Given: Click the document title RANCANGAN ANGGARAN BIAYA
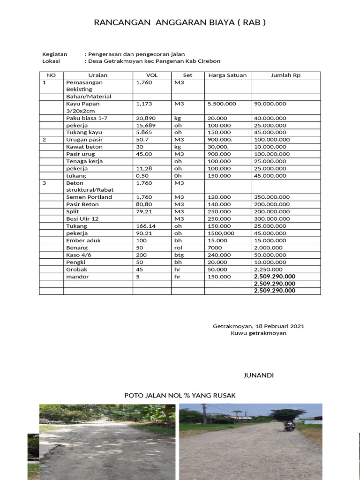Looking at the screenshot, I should tap(180, 22).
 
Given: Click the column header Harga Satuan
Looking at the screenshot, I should tap(227, 75).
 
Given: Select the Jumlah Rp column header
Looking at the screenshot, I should tap(285, 75).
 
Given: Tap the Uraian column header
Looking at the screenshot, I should tap(97, 75).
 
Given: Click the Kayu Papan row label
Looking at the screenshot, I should tap(83, 104).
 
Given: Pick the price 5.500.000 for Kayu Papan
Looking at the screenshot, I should tap(222, 104).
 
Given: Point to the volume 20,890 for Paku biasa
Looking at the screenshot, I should tap(145, 118).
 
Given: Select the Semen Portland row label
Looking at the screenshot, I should tap(89, 197).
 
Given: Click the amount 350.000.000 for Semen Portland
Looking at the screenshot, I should tap(271, 197).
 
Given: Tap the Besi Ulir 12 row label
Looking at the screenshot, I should tap(82, 218).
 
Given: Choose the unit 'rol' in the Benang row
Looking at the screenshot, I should tap(178, 247).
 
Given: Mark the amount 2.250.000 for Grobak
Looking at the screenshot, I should tap(268, 270).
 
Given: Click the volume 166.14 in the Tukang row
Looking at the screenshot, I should tap(145, 226).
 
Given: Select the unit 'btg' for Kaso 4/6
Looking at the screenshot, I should tap(179, 255).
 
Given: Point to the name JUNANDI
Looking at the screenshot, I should tap(258, 375).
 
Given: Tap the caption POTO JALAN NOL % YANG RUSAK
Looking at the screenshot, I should tap(180, 396).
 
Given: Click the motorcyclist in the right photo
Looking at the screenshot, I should tap(290, 426).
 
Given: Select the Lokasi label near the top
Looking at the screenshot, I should tap(52, 61).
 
